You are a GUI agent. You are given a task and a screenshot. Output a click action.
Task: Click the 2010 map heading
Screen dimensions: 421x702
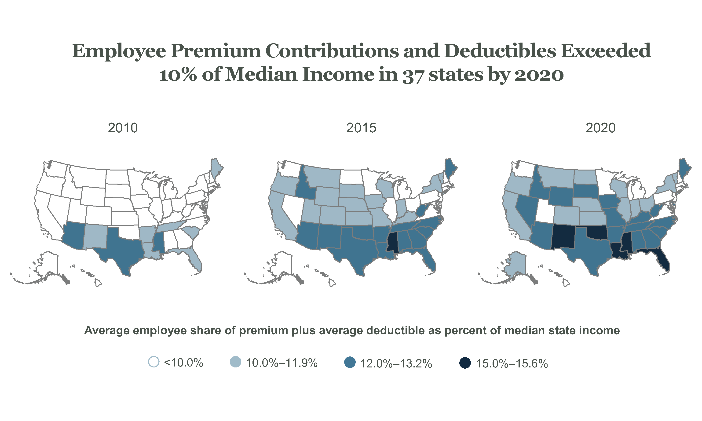pyautogui.click(x=123, y=128)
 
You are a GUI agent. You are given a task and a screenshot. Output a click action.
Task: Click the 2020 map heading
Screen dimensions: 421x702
pyautogui.click(x=600, y=128)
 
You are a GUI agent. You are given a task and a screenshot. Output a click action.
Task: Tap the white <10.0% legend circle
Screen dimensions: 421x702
pyautogui.click(x=154, y=362)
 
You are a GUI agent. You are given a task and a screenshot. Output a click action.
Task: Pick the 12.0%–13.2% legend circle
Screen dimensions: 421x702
pyautogui.click(x=350, y=363)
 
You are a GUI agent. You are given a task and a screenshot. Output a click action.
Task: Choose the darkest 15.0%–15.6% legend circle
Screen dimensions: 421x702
pyautogui.click(x=465, y=363)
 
